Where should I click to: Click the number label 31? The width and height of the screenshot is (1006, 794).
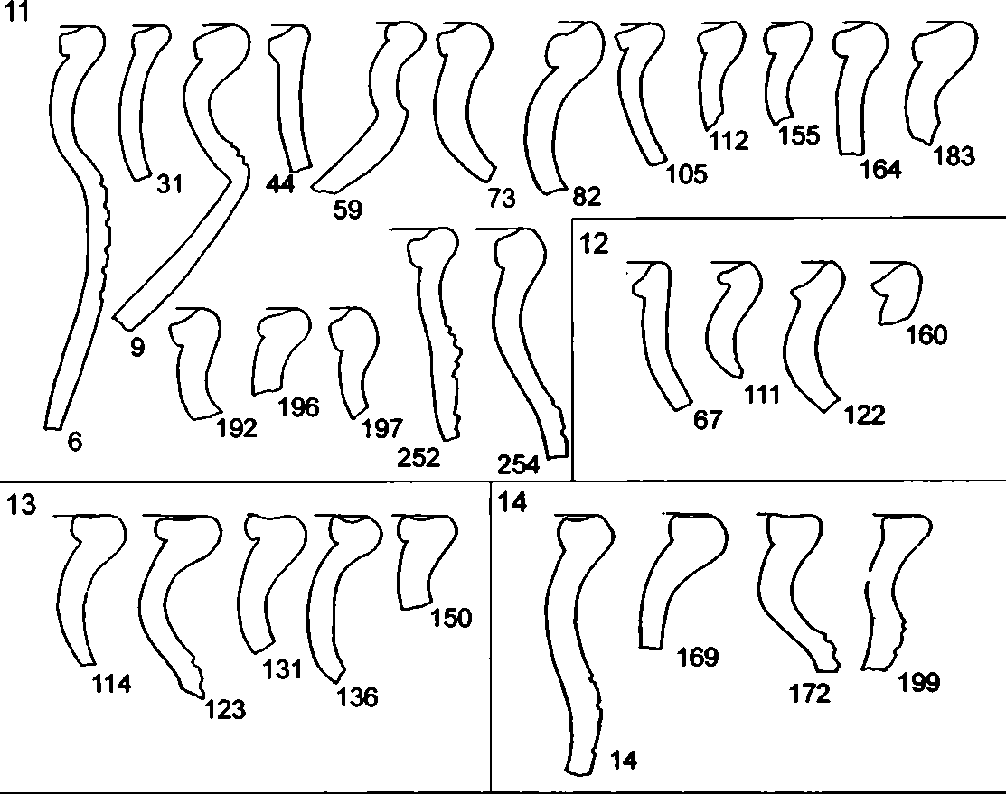click(169, 184)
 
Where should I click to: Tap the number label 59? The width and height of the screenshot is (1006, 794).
click(348, 210)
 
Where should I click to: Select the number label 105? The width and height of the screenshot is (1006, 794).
click(687, 173)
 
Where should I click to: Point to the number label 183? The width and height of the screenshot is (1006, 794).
click(954, 156)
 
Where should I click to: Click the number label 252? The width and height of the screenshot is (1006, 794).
click(418, 457)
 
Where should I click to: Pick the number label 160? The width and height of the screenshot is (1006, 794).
click(926, 335)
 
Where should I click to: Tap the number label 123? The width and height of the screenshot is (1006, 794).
click(225, 709)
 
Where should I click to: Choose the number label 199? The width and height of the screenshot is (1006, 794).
click(919, 682)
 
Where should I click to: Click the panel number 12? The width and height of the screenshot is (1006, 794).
click(594, 244)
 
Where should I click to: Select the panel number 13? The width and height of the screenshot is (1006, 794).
click(21, 505)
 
